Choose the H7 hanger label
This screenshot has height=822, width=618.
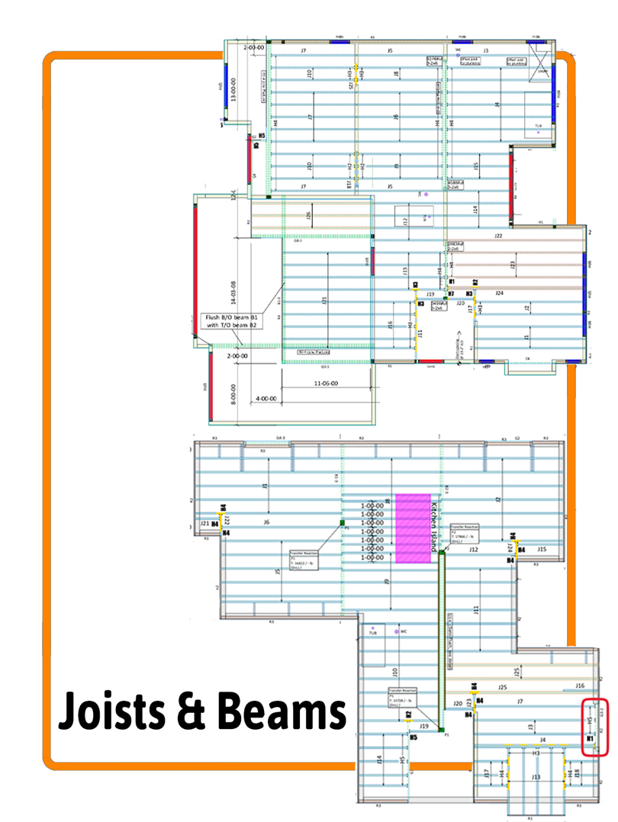[x=451, y=294]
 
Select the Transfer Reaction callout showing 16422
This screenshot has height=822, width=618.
[x=304, y=561]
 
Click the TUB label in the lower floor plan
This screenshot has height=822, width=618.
[x=373, y=633]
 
